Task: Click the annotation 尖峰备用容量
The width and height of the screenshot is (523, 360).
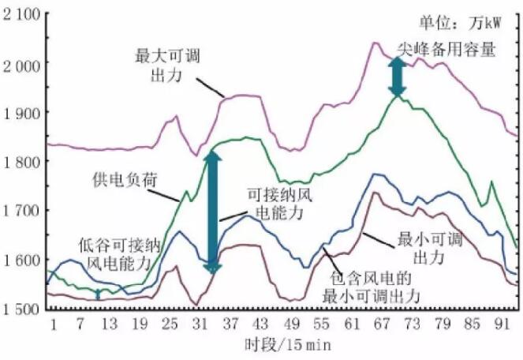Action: pos(446,49)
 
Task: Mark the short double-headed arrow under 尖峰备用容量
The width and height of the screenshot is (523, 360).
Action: pos(398,77)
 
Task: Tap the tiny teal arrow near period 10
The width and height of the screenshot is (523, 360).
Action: pos(98,294)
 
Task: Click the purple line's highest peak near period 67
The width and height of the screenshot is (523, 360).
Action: pos(375,43)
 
